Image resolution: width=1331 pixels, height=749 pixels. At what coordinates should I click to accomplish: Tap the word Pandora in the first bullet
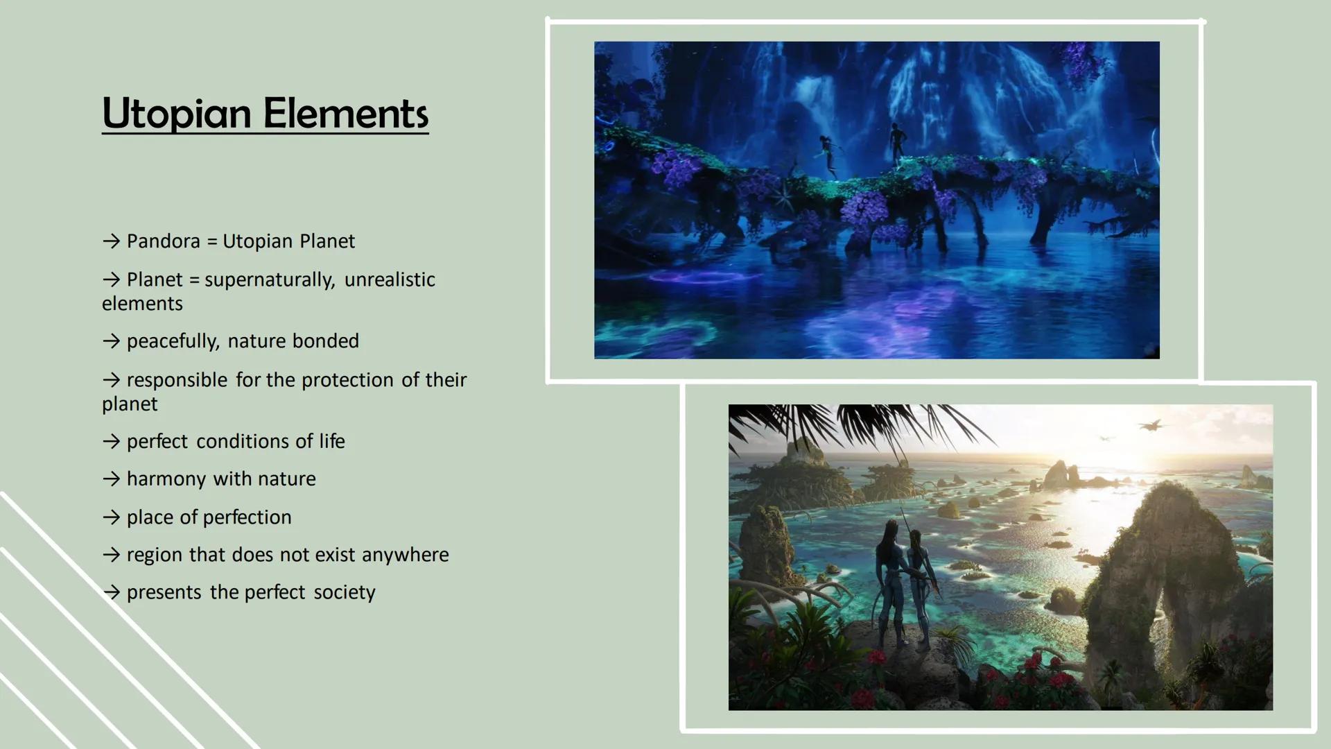point(163,241)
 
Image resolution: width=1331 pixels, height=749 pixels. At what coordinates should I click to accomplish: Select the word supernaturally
point(270,280)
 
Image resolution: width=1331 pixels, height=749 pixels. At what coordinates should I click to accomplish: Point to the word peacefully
point(173,341)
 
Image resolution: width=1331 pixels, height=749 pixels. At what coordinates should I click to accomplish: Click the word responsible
point(177,380)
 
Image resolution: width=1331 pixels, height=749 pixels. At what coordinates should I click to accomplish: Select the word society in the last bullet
point(344,592)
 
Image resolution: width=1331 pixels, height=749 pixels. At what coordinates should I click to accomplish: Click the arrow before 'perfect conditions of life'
point(111,442)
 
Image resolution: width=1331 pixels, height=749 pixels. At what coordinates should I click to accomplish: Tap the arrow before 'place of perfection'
point(111,517)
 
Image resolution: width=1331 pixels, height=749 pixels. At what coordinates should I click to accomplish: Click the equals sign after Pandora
point(211,242)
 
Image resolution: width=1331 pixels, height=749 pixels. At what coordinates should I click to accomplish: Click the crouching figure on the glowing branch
point(828,154)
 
